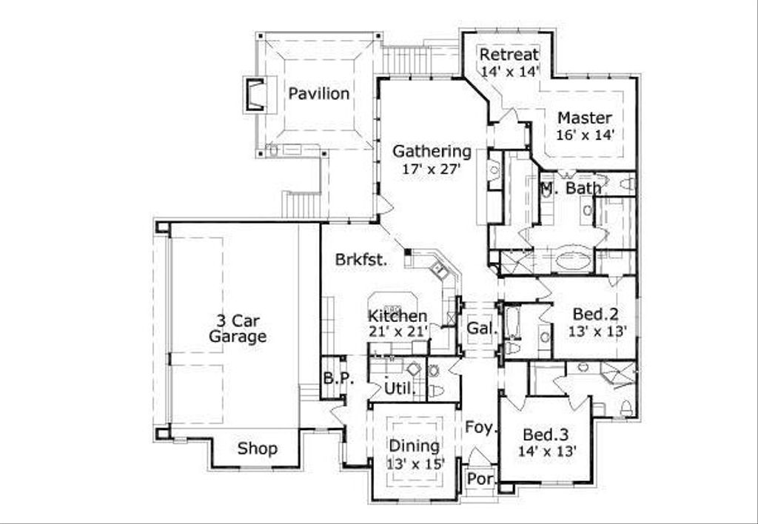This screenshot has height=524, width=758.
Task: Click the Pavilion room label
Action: point(318,94)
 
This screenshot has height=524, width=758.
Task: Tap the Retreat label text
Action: point(509,55)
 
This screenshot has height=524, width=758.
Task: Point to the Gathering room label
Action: point(432,151)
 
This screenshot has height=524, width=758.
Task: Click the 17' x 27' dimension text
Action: point(432,169)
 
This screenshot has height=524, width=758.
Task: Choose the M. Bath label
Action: point(570,188)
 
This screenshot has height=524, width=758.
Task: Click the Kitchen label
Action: point(398,316)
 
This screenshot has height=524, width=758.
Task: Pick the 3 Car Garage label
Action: point(237,329)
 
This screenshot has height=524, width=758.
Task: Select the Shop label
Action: point(258,449)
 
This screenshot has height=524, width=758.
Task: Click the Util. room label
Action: point(398,389)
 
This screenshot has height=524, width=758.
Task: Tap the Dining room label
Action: point(414,446)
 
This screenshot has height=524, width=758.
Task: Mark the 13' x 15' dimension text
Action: point(414,463)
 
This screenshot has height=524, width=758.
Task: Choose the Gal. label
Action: point(481,328)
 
